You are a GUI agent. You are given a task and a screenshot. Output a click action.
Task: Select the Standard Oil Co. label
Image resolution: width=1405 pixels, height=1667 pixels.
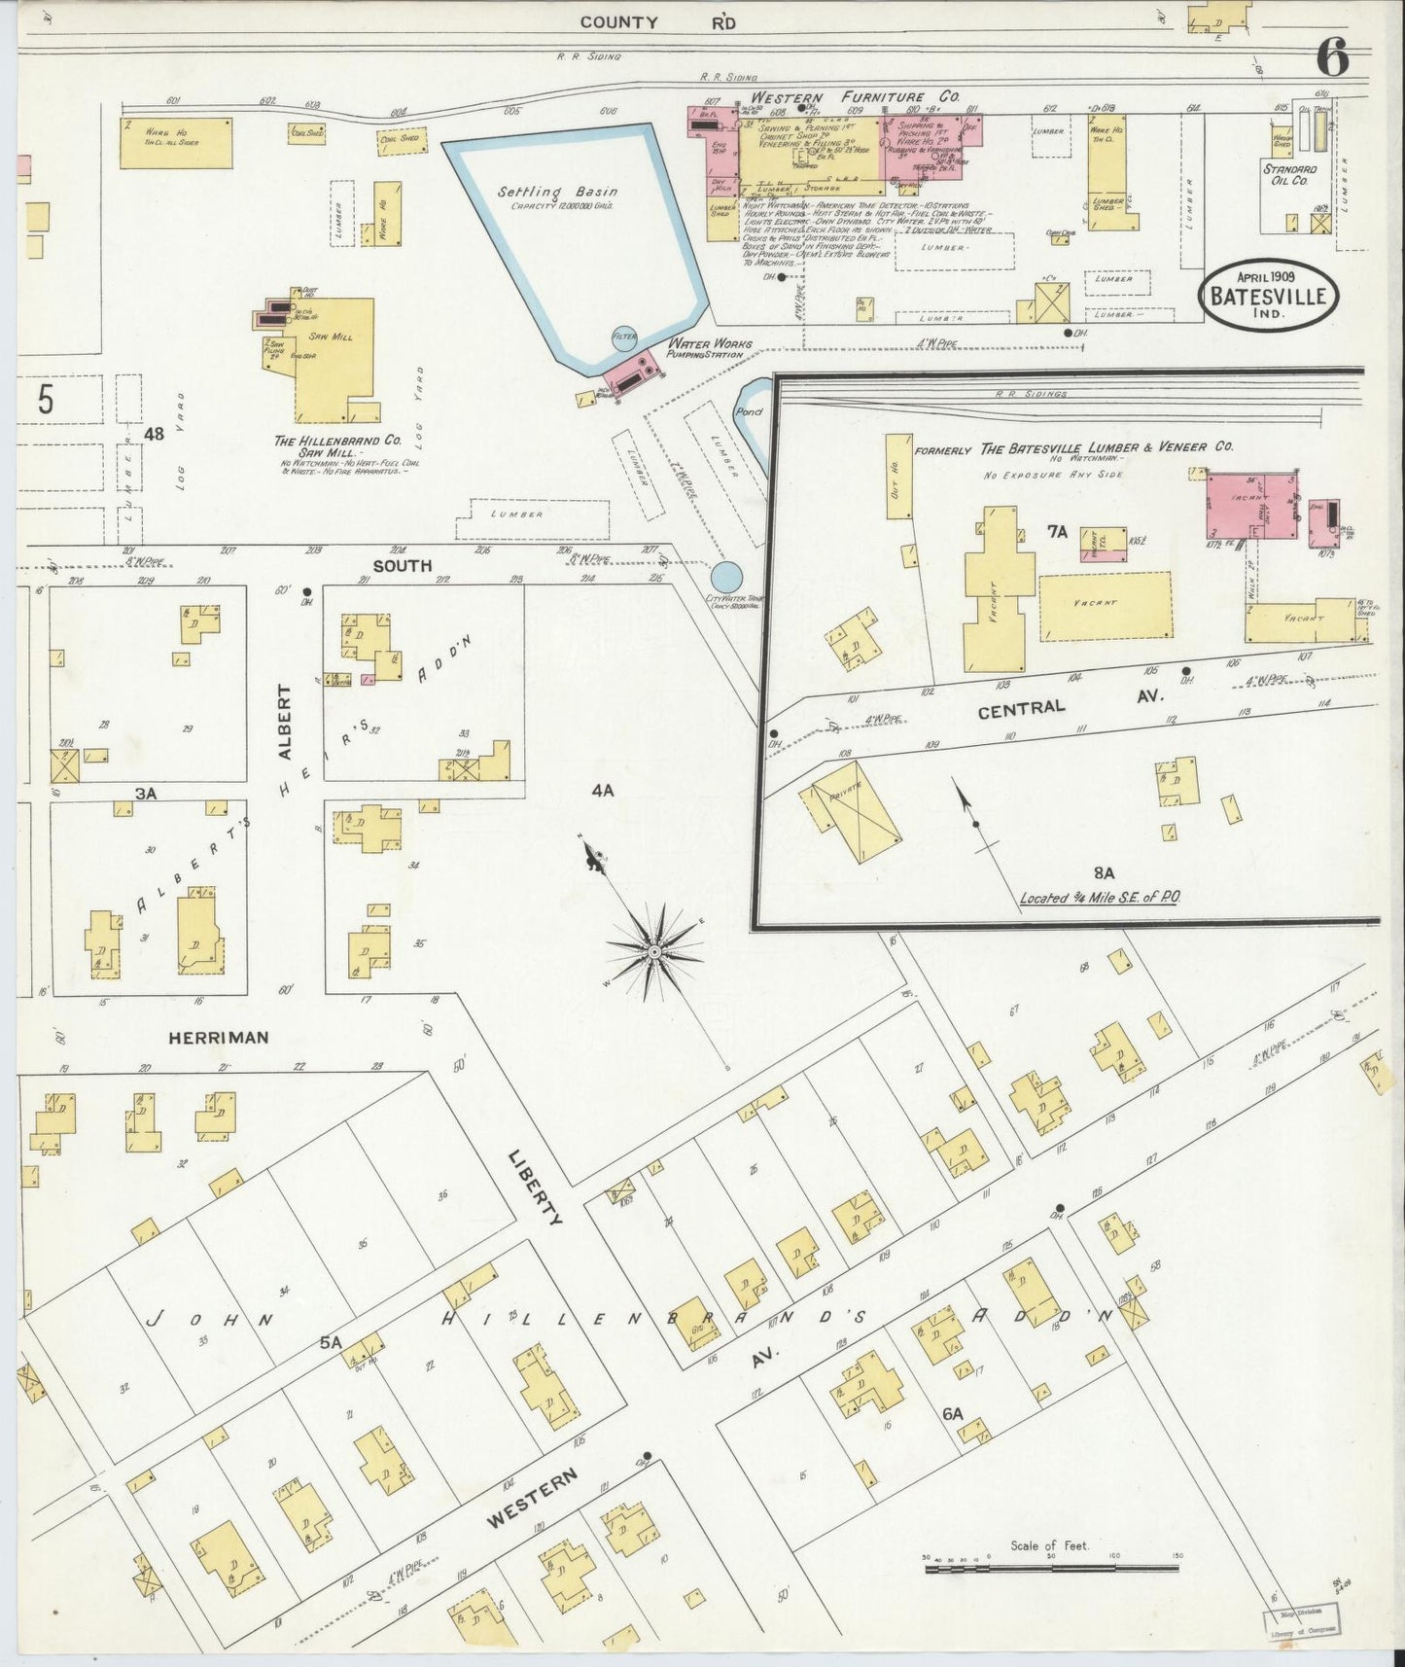pos(1290,175)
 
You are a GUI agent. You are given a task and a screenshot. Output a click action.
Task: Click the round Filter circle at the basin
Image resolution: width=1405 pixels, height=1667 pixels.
pos(623,337)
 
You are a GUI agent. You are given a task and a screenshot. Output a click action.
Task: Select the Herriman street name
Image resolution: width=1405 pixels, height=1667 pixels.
pos(218,1038)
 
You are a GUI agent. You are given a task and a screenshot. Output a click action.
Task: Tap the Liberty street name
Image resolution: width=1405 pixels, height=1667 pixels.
pos(536,1188)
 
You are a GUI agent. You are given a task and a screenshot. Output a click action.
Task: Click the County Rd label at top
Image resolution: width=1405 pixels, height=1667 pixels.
pos(657,22)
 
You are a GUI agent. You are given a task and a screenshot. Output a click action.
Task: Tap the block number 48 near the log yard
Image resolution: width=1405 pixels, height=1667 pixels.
pos(154,435)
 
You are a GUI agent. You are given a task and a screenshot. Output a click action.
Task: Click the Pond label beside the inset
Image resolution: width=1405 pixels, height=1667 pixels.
pos(750,412)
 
